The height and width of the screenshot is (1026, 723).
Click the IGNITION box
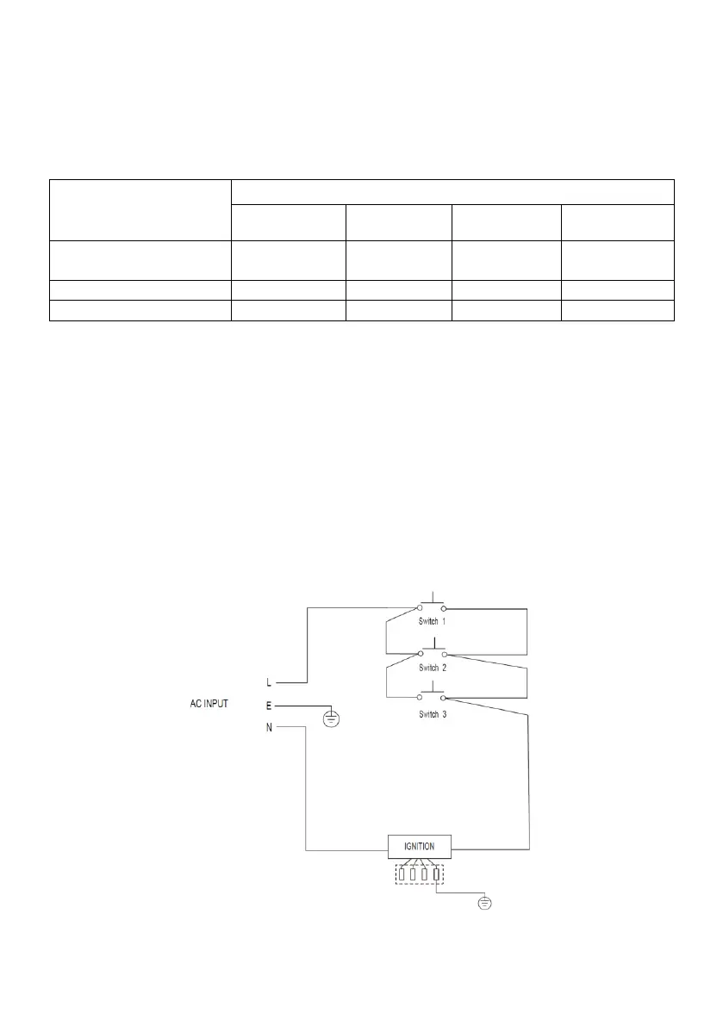point(420,847)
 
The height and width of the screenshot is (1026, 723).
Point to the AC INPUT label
point(209,704)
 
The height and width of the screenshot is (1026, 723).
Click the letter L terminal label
point(270,683)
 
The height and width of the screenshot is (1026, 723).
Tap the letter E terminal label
point(270,705)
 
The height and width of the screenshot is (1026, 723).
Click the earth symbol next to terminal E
point(331,719)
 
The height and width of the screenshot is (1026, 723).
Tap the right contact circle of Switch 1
point(445,608)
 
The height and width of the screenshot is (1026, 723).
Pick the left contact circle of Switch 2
point(421,654)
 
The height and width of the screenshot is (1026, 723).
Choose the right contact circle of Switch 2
point(445,654)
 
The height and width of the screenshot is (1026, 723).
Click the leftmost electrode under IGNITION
point(401,875)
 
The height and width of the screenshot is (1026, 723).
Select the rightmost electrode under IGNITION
point(437,875)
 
